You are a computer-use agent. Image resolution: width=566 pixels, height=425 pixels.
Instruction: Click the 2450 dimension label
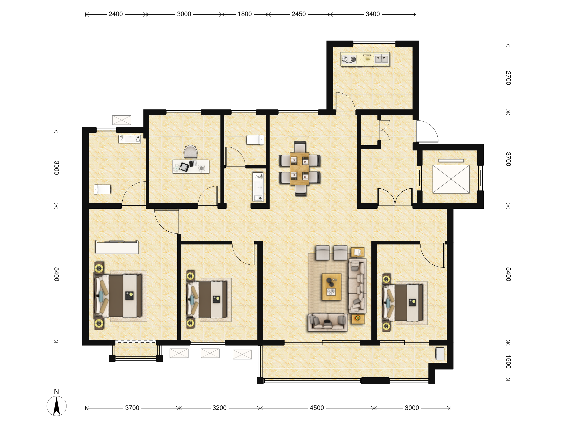[x=299, y=14]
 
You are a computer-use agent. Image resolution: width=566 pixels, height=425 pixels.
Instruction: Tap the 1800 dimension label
[x=245, y=14]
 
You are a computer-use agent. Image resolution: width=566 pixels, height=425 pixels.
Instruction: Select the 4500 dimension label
[x=317, y=408]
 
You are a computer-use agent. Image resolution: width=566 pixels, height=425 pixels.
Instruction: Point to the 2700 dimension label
[x=508, y=78]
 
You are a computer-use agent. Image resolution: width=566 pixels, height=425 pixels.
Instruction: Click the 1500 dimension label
[x=508, y=362]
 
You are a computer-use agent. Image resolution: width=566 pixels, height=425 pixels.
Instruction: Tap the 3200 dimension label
[x=219, y=408]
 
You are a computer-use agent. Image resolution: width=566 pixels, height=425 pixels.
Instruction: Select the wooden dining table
[x=299, y=168]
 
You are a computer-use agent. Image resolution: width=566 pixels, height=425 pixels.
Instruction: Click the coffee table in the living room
[x=332, y=287]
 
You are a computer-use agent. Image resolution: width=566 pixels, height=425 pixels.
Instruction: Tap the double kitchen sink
[x=382, y=59]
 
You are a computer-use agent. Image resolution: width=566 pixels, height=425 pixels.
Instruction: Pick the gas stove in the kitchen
[x=349, y=59]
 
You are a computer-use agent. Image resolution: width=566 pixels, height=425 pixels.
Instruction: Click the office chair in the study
[x=191, y=151]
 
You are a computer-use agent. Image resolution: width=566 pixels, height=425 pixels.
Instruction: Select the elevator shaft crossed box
[x=451, y=179]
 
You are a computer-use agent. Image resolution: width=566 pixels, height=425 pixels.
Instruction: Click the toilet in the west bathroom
[x=102, y=190]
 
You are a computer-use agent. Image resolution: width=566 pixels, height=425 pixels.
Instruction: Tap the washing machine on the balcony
[x=440, y=354]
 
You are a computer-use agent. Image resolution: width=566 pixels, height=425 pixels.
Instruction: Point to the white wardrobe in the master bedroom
[x=117, y=247]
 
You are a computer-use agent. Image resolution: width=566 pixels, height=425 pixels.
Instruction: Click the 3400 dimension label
[x=373, y=14]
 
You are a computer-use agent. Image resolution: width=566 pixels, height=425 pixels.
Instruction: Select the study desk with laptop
[x=191, y=166]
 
